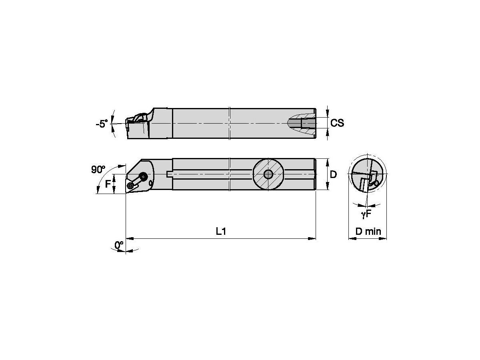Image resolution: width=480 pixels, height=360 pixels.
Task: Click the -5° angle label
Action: (102, 124)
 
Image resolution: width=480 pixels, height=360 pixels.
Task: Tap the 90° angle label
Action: (98, 169)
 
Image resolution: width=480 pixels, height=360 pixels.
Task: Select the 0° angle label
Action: (119, 245)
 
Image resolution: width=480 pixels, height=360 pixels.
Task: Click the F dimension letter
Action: (107, 184)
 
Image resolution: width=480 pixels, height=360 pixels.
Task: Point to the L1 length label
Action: (221, 232)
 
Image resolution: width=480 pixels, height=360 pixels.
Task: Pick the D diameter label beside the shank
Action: (334, 174)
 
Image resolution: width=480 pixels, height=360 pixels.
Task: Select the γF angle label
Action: (366, 214)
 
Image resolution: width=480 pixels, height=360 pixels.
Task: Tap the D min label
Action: (368, 231)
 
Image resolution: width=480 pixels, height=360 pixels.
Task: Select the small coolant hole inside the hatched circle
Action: (268, 174)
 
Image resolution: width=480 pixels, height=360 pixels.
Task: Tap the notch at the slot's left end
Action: (168, 174)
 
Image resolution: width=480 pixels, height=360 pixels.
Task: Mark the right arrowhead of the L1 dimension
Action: (312, 239)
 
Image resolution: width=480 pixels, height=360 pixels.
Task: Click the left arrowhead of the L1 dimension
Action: (130, 239)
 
